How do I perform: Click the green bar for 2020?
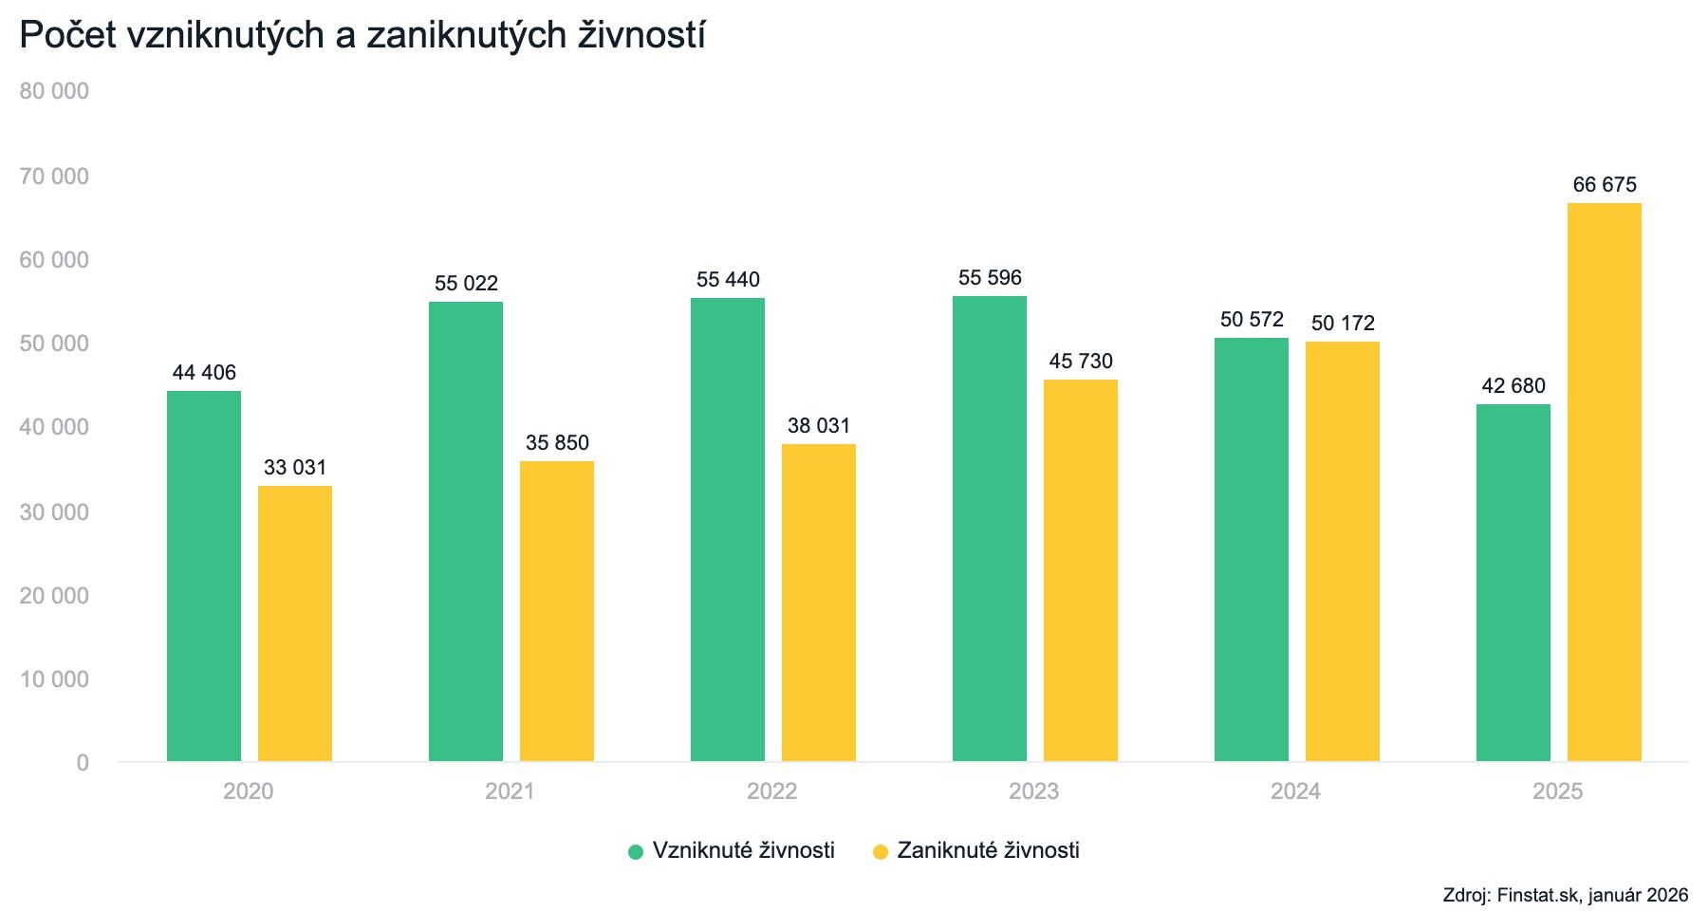tap(204, 576)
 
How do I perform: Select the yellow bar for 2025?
tap(1604, 482)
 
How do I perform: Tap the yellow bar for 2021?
tap(557, 611)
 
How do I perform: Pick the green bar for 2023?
tap(989, 529)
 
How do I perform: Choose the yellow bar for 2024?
tap(1342, 551)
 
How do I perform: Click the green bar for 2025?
tap(1513, 583)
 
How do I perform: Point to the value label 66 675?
tap(1605, 185)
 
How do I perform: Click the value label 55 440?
tap(728, 280)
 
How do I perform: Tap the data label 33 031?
tap(295, 468)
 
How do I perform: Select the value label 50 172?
tap(1343, 324)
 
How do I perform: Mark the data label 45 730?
tap(1081, 362)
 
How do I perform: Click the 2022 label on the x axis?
tap(771, 791)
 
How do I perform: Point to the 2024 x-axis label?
tap(1295, 791)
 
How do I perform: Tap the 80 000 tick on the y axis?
tap(54, 92)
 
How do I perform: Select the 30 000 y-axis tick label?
tap(54, 512)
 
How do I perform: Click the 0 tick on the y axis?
tap(83, 764)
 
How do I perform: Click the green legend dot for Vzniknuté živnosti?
tap(636, 851)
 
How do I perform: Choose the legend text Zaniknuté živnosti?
tap(988, 850)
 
